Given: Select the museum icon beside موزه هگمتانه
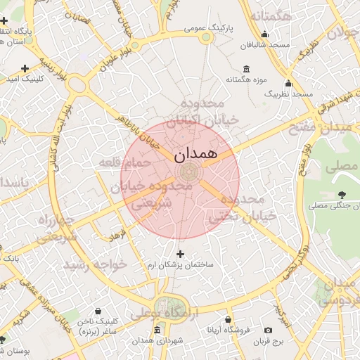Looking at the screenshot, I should pos(245,69).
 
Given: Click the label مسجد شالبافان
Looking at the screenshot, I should pos(265,45).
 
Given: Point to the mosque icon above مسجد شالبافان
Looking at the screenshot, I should pos(265,34).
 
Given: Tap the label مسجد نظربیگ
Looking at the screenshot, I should pos(289,94).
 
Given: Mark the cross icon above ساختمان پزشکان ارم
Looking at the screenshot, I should pos(180,254).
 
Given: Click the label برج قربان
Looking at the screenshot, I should pos(268,341).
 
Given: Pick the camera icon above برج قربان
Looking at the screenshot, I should pos(268,330).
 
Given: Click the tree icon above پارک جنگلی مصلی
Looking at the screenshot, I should pos(342,194).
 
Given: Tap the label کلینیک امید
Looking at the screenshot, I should pos(25,79).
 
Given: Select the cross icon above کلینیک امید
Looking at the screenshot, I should pos(25,68).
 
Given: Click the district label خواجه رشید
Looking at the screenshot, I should pos(96,264).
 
